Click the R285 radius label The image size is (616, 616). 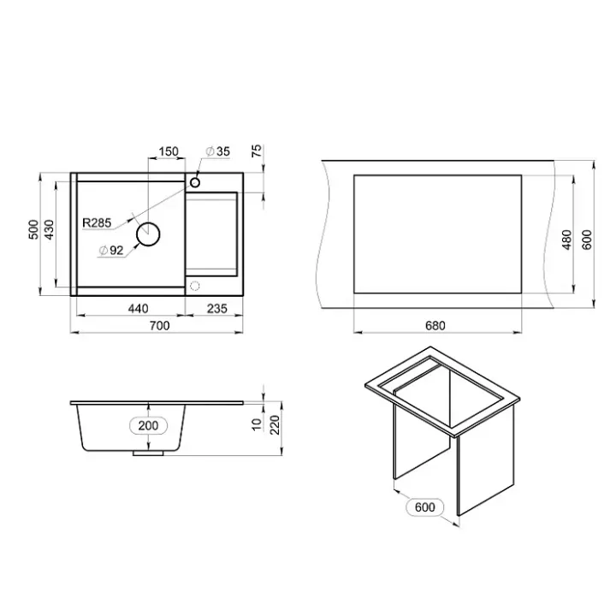pos(97,222)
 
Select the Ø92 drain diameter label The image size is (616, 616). pos(111,250)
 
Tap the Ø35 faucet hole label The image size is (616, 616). pos(217,151)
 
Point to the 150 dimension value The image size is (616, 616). pos(169,151)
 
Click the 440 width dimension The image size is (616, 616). pos(139,308)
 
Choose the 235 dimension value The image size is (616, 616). pos(216,308)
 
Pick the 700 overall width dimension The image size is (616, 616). pos(159,326)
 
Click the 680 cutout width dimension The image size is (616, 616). pos(435,326)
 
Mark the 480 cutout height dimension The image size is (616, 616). pos(567,240)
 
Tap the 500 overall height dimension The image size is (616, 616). pos(33,229)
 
